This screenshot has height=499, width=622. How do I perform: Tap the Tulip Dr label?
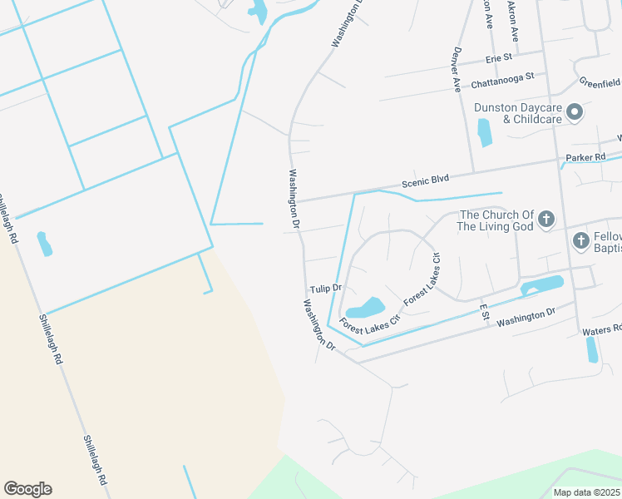click(326, 289)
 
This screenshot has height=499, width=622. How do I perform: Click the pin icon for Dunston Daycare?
click(575, 113)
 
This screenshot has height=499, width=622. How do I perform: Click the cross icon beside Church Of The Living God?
click(545, 220)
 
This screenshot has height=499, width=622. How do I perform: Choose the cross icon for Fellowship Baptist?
click(581, 241)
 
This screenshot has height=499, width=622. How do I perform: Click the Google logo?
click(27, 489)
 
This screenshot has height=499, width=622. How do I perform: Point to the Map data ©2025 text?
click(585, 492)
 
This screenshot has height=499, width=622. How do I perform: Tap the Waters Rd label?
click(602, 330)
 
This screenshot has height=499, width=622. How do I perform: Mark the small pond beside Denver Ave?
click(484, 132)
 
